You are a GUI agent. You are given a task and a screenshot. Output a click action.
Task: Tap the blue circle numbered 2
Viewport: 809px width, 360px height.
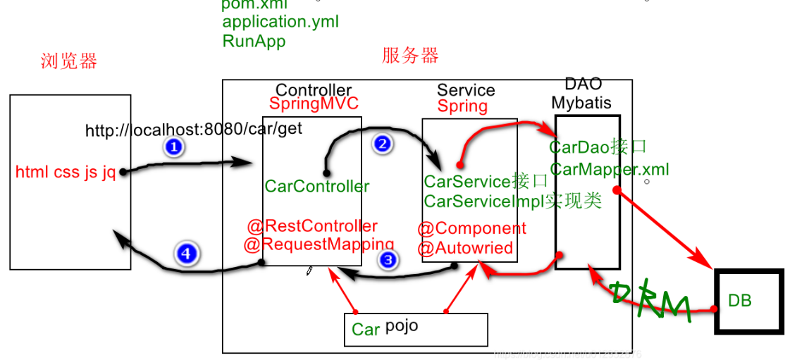point(382,144)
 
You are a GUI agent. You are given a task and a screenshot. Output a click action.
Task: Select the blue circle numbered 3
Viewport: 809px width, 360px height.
point(388,261)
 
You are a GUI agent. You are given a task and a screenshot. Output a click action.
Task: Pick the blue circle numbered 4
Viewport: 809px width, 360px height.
point(186,254)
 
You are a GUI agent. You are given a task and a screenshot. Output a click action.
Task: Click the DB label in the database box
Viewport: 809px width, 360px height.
point(740,301)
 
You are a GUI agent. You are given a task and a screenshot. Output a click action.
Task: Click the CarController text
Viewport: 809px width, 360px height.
point(316,187)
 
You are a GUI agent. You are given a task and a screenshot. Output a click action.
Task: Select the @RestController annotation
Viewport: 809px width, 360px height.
point(312,226)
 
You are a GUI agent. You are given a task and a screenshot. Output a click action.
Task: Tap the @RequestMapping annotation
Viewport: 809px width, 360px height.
point(309,244)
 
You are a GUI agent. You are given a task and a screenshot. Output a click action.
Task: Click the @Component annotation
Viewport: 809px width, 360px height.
point(471,229)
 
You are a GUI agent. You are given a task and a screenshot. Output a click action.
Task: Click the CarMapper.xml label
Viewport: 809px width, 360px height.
point(610,169)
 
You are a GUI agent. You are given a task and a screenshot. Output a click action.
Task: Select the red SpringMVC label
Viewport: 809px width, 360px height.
point(314,104)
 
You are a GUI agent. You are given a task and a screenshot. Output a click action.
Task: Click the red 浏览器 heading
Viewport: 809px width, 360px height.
point(69,61)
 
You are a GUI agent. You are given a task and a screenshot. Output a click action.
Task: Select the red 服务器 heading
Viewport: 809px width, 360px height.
point(410,56)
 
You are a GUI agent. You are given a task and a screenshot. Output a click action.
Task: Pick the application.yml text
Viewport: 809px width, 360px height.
point(280,22)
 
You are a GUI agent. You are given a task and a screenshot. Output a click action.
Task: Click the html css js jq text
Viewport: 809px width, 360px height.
point(66,173)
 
